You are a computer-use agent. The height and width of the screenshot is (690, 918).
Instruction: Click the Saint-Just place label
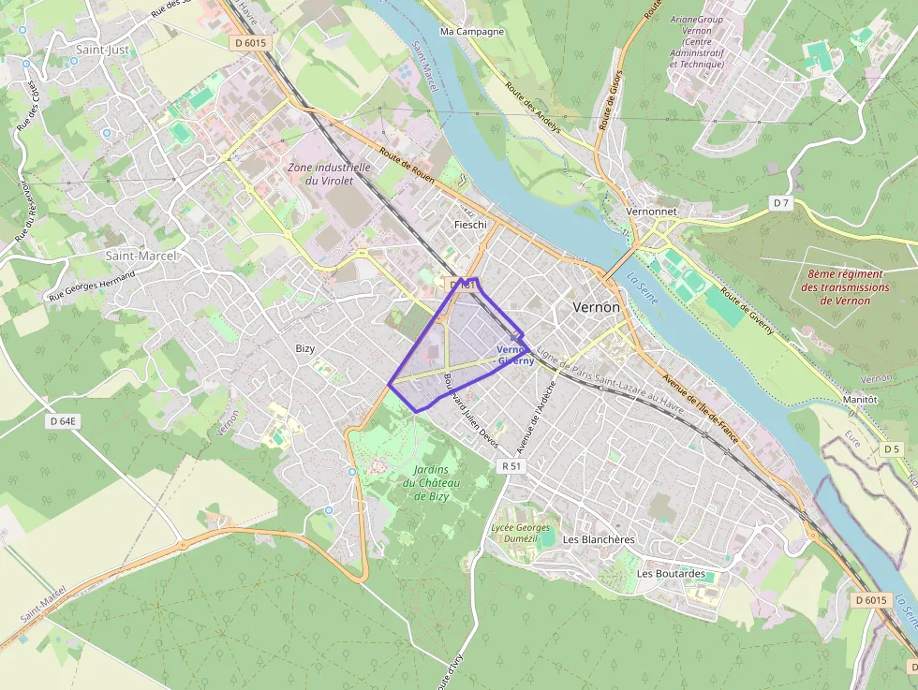[x=102, y=50]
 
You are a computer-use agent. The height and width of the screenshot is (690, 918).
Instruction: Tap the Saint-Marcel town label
[x=141, y=255]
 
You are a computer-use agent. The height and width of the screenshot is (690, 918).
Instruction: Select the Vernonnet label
[x=651, y=212]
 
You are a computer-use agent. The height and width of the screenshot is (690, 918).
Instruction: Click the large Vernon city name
[x=596, y=307]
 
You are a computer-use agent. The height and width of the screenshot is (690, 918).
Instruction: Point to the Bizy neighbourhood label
[x=305, y=348]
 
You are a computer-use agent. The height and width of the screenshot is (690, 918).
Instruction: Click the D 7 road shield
[x=781, y=202]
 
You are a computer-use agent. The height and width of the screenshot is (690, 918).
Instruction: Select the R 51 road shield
[x=511, y=465]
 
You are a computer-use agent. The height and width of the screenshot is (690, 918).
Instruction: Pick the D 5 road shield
[x=892, y=449]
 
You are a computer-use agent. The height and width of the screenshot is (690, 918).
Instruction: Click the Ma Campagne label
[x=472, y=31]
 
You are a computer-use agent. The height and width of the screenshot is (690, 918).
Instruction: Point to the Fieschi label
[x=470, y=225]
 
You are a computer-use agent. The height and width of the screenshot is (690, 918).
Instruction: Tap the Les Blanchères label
[x=599, y=540]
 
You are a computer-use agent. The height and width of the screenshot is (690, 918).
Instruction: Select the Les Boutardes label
[x=671, y=573]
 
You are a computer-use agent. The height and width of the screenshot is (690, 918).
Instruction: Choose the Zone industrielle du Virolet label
[x=329, y=173]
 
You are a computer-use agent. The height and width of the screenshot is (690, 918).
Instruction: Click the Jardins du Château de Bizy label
[x=432, y=482]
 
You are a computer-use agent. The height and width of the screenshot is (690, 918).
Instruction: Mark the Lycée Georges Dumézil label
[x=521, y=533]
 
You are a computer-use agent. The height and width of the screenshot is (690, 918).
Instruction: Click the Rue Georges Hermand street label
[x=91, y=286]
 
